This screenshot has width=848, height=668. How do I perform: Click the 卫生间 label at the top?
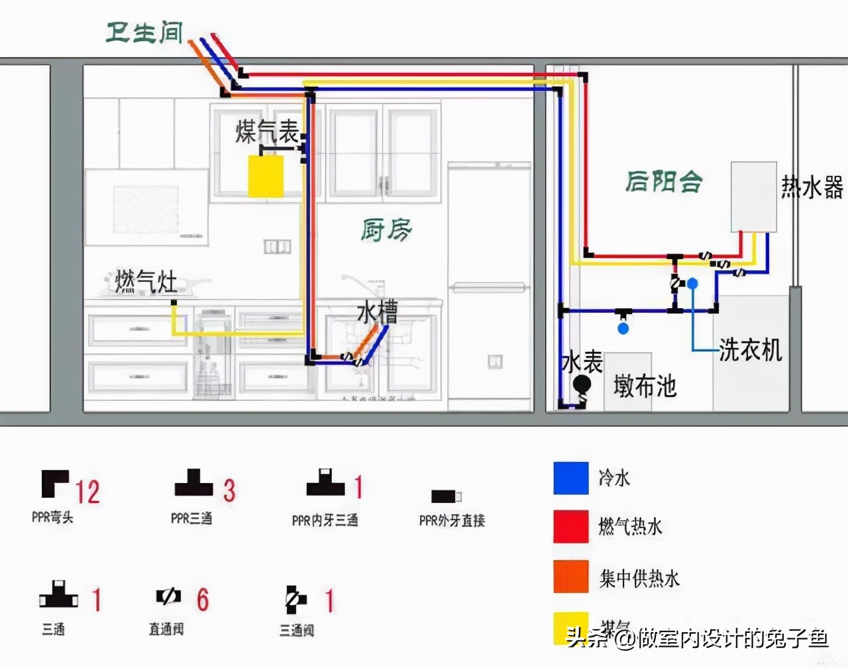pyautogui.click(x=144, y=32)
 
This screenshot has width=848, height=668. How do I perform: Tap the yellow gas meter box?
pyautogui.click(x=266, y=176)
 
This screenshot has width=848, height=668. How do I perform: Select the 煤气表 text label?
pyautogui.click(x=267, y=132)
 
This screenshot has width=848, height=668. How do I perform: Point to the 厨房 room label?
pyautogui.click(x=386, y=230)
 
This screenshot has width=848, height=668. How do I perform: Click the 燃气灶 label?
pyautogui.click(x=146, y=282)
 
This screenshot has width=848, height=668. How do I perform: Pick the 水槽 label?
pyautogui.click(x=377, y=312)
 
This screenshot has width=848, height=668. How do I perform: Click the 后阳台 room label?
pyautogui.click(x=663, y=181)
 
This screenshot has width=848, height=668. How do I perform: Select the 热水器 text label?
pyautogui.click(x=812, y=188)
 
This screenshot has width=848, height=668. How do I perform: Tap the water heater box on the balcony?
pyautogui.click(x=753, y=196)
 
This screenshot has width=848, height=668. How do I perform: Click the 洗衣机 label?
pyautogui.click(x=751, y=349)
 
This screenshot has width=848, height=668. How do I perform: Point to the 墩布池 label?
pyautogui.click(x=644, y=385)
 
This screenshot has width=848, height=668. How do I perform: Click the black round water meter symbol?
pyautogui.click(x=582, y=384)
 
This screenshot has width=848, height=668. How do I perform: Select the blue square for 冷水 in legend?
pyautogui.click(x=570, y=478)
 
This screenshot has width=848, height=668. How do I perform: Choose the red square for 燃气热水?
pyautogui.click(x=570, y=527)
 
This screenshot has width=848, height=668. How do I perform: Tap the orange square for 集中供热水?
pyautogui.click(x=570, y=576)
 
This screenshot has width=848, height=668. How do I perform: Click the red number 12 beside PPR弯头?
pyautogui.click(x=87, y=492)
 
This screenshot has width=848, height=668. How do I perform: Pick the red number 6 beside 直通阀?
pyautogui.click(x=203, y=600)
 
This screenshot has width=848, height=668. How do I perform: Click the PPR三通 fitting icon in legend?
pyautogui.click(x=193, y=484)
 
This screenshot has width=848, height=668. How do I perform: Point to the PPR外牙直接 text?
pyautogui.click(x=452, y=521)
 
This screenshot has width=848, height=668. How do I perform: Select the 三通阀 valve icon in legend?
pyautogui.click(x=295, y=600)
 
